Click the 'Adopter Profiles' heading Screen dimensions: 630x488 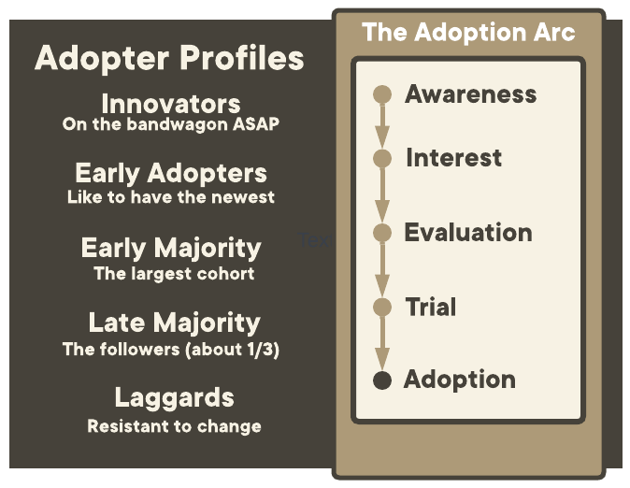[x=169, y=58]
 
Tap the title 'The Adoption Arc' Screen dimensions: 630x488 [x=468, y=32]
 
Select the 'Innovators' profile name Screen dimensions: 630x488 [x=171, y=104]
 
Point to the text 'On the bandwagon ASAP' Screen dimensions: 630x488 [x=171, y=124]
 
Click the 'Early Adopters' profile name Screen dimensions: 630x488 [x=171, y=174]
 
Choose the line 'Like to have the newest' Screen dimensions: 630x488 [x=171, y=197]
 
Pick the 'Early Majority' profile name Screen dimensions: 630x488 [x=171, y=249]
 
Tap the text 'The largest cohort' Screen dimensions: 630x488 [x=174, y=274]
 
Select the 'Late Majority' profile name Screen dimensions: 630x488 [x=175, y=323]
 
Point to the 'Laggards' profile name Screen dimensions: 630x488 [x=175, y=398]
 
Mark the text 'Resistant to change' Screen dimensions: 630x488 [x=175, y=426]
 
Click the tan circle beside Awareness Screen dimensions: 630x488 [x=382, y=94]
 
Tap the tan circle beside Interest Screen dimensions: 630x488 [x=382, y=158]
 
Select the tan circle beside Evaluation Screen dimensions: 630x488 [x=382, y=233]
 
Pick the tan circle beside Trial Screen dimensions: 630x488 [x=382, y=308]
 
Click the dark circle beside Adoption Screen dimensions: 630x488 [x=382, y=380]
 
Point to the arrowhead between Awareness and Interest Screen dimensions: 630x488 [x=382, y=136]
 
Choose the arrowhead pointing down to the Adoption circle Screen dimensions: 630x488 [x=382, y=359]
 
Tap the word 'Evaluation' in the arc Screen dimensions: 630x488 [x=468, y=233]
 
